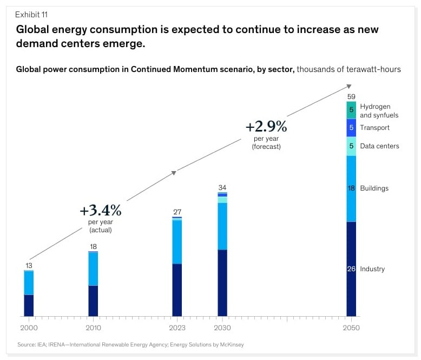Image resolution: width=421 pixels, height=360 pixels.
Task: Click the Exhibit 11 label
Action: point(31,14)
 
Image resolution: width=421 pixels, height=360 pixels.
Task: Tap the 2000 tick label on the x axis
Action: point(28,328)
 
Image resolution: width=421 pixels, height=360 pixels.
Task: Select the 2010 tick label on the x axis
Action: point(93,328)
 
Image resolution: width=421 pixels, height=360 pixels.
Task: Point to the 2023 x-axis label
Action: point(177,328)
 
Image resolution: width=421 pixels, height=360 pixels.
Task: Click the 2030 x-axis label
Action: point(222,328)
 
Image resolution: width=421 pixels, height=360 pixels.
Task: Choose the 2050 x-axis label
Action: point(351,328)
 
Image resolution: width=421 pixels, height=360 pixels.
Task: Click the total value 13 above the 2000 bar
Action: point(29,265)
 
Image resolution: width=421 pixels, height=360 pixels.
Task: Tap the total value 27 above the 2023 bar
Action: point(177,212)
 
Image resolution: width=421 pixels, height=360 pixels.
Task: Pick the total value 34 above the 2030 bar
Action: point(222,187)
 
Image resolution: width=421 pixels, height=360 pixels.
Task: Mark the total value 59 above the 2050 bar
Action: point(351,96)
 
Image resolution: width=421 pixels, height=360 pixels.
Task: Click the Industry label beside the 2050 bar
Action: point(372,269)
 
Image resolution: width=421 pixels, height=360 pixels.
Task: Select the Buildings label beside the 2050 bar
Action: point(374,188)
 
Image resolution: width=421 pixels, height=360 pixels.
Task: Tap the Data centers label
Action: point(379,146)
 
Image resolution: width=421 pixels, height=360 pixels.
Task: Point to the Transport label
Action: point(374,128)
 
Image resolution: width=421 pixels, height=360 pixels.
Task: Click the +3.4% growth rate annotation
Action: point(100,210)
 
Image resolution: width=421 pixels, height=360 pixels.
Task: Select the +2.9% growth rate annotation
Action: point(266,127)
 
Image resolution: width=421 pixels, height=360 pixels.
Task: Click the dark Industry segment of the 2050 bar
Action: point(351,287)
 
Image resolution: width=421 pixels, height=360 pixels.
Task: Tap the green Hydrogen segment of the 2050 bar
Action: point(351,110)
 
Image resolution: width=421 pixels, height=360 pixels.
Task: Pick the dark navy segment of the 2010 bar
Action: point(93,301)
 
